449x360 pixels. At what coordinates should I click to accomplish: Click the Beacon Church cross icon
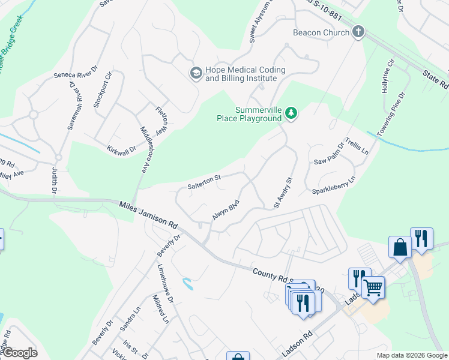(358, 32)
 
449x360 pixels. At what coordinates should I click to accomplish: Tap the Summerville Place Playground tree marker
(291, 113)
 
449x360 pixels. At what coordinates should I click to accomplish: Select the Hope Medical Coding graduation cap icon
(196, 73)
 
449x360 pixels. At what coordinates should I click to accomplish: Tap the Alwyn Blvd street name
(226, 209)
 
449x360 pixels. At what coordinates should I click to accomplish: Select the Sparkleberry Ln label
(334, 185)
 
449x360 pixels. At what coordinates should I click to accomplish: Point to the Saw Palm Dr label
(329, 154)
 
